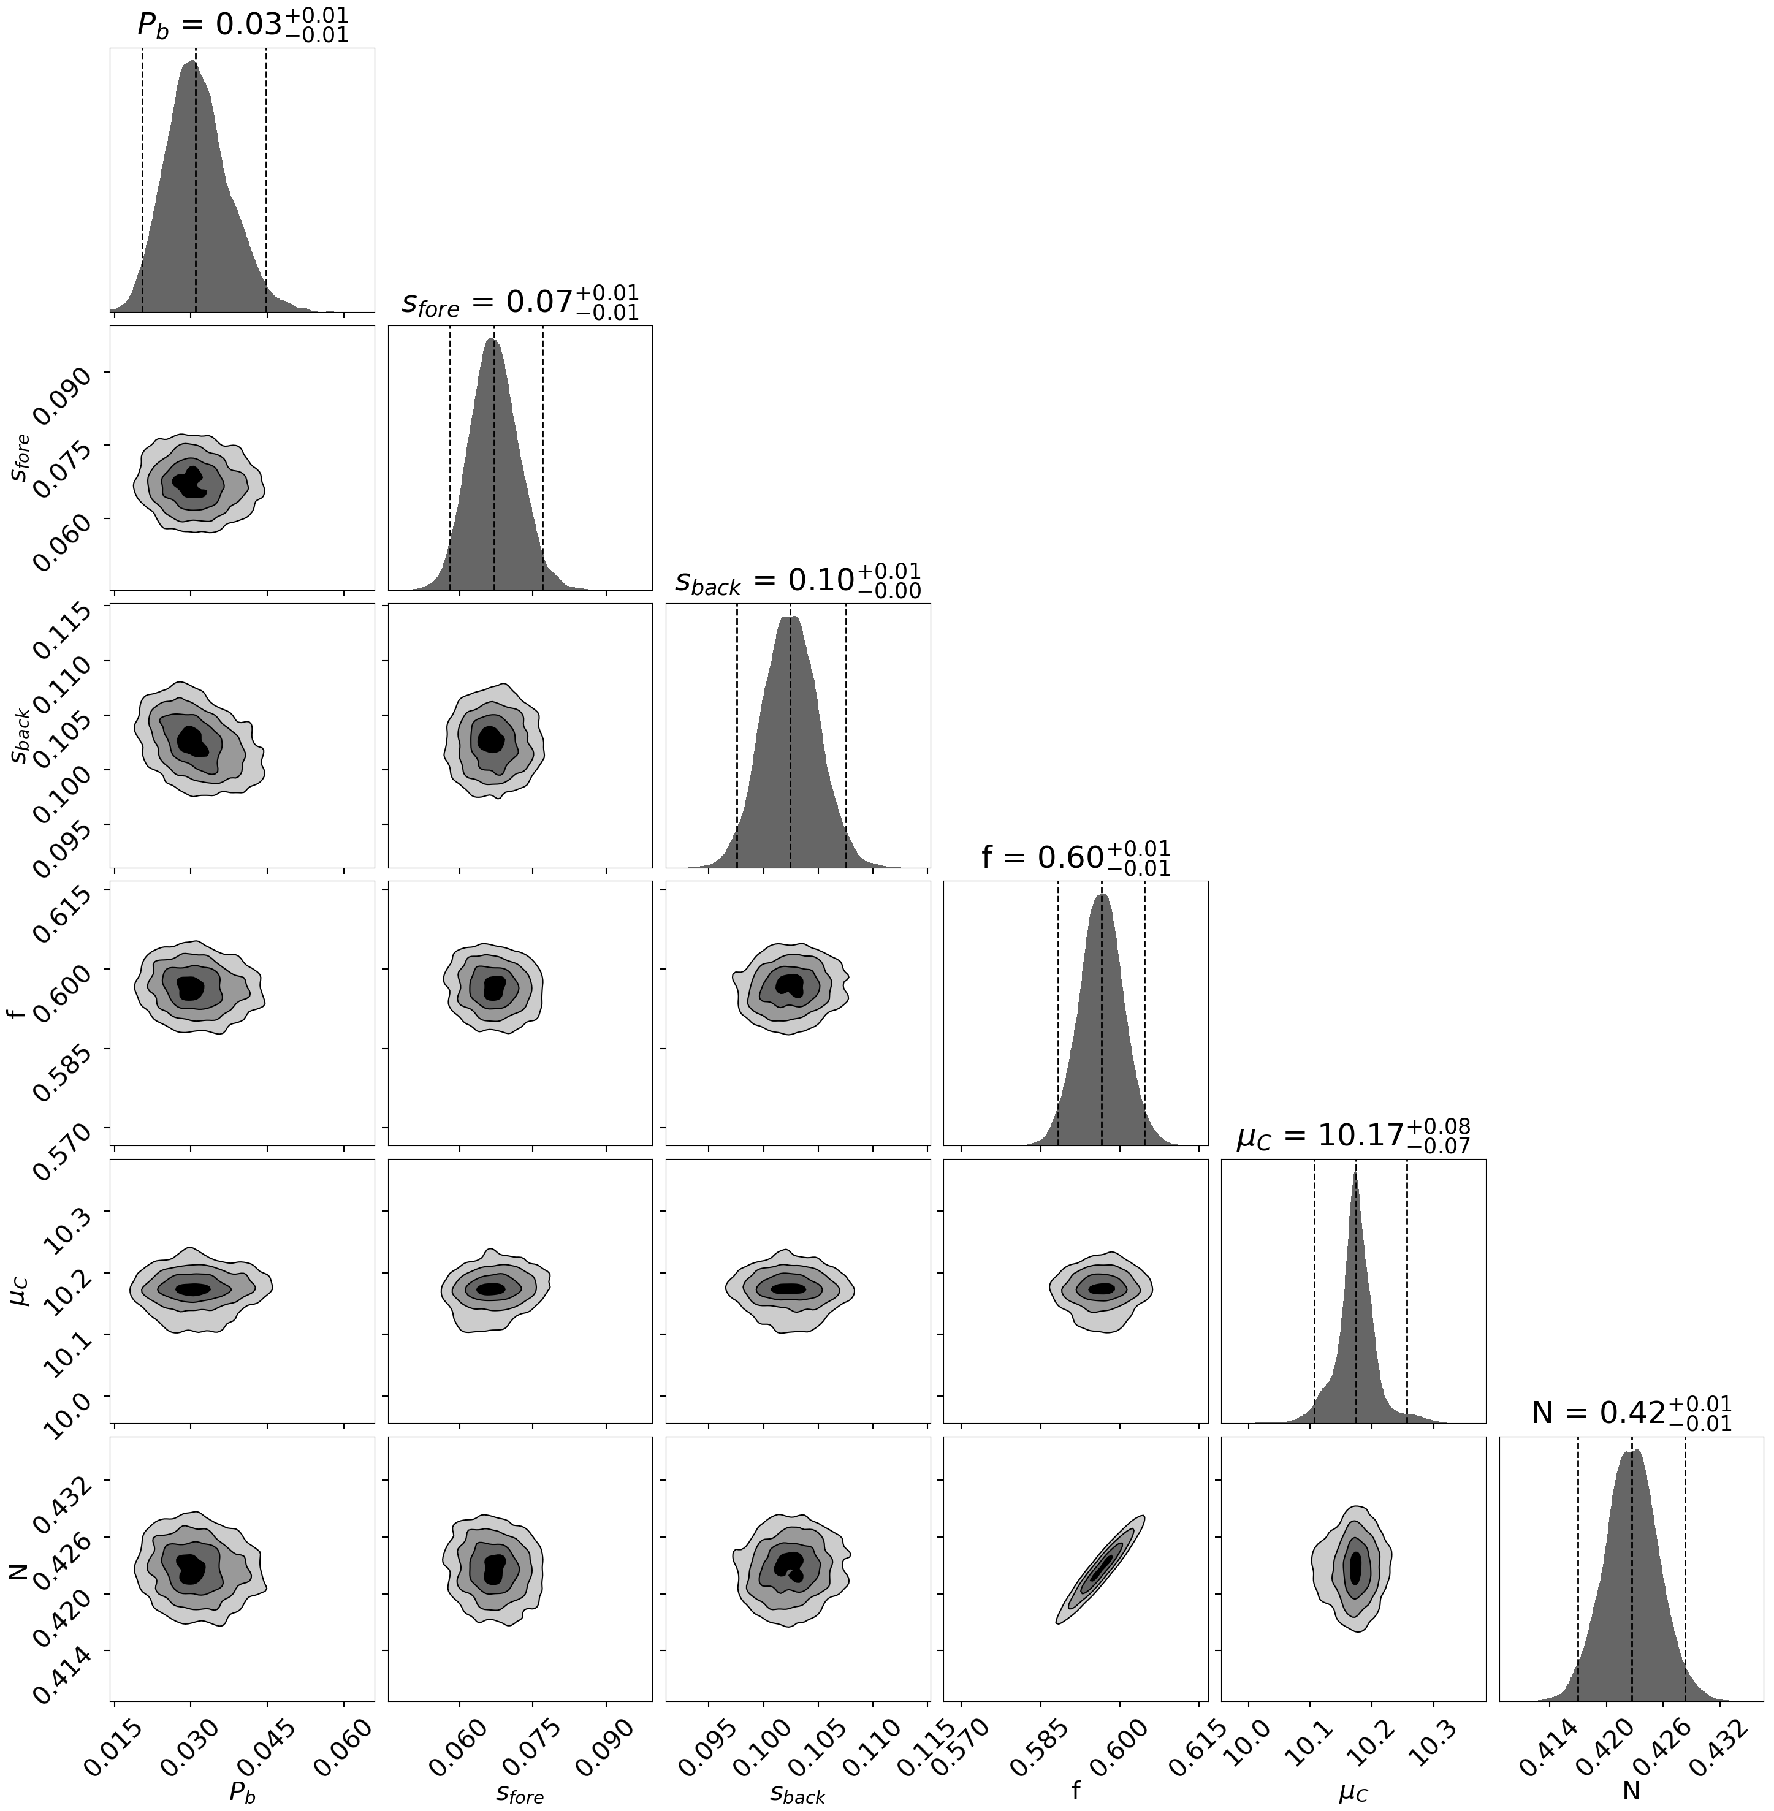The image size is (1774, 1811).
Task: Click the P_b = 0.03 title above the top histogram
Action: [x=242, y=25]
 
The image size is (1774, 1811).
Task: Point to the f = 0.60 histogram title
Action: [x=1075, y=857]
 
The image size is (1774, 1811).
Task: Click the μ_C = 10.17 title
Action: [x=1353, y=1136]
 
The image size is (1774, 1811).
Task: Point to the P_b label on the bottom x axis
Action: [x=242, y=1793]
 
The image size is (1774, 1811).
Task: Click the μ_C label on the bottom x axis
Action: [x=1353, y=1793]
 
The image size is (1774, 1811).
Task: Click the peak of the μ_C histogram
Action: [x=1355, y=1175]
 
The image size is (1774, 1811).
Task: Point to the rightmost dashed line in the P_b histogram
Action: [x=267, y=177]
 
